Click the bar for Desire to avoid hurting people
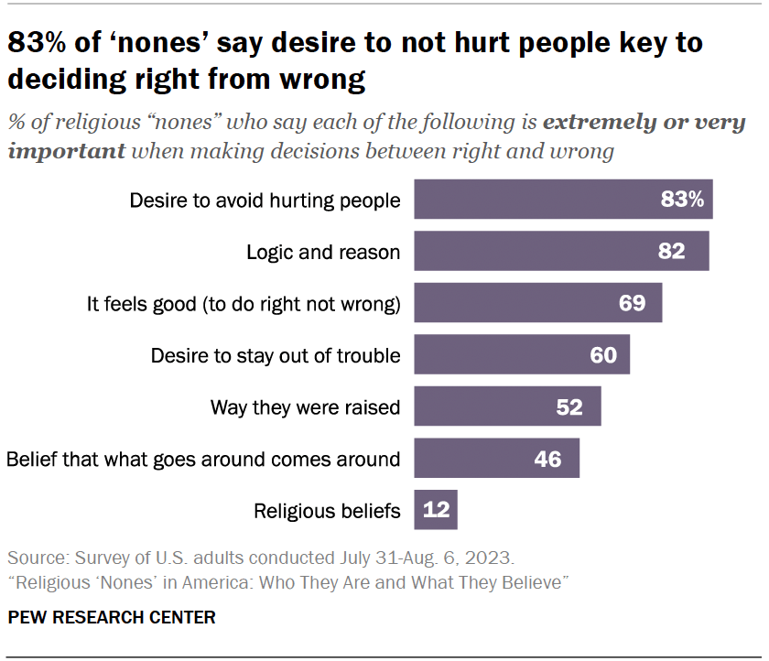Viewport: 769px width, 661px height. coord(549,200)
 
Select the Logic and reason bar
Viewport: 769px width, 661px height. coord(549,251)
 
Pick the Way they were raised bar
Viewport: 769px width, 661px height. coord(494,406)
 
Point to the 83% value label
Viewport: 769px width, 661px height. coord(682,200)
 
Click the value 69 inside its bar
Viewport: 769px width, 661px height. coord(633,303)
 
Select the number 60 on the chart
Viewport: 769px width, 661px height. coord(603,354)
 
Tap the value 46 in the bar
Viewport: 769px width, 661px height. coord(547,459)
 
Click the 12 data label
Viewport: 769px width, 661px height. coord(437,510)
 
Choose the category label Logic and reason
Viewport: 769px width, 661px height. coord(323,252)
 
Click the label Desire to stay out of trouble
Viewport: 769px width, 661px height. coord(276,355)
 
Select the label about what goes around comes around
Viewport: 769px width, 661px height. coord(203,459)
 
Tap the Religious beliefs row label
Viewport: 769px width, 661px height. coord(327,511)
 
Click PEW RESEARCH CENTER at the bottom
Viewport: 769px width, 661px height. coord(112,618)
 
